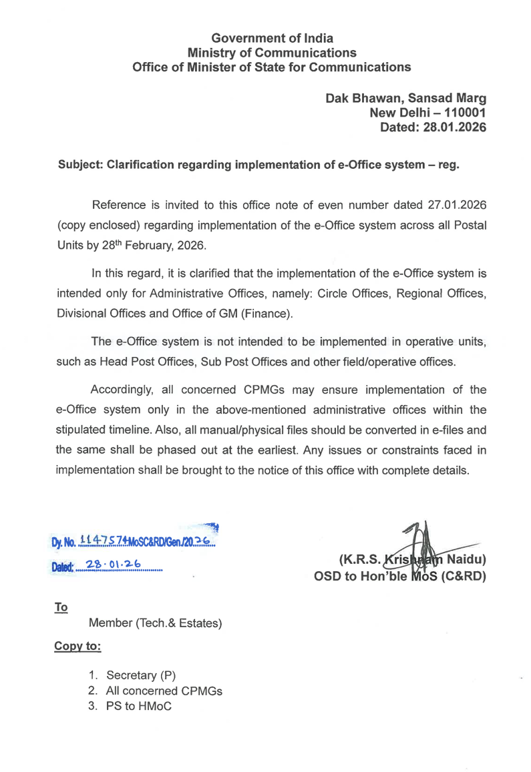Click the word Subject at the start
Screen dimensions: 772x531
(x=79, y=165)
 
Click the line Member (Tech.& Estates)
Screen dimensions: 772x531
(x=155, y=625)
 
